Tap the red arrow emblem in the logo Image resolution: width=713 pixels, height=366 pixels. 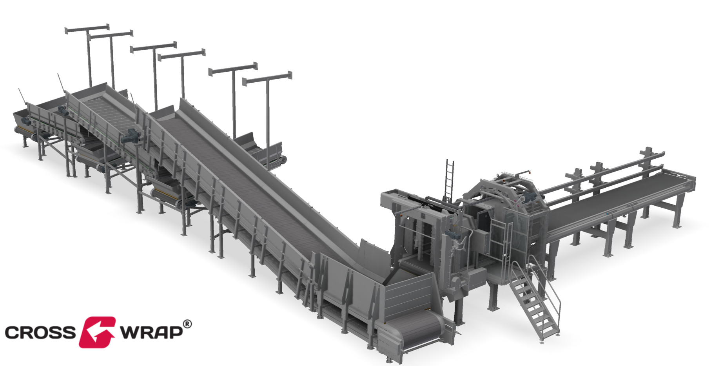tap(97, 332)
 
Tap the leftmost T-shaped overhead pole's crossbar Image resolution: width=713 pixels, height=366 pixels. tap(87, 28)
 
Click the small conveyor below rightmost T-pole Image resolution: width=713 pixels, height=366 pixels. tap(270, 155)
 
